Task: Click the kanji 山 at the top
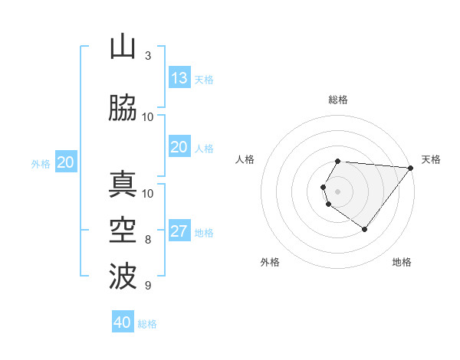123,47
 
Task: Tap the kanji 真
123,185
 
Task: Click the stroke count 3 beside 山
148,56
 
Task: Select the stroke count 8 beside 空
148,240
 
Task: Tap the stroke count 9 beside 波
148,286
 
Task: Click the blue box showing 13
179,78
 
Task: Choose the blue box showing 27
179,232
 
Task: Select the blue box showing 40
123,322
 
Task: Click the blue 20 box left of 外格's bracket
66,162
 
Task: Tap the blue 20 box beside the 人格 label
179,147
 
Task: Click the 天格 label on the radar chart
431,159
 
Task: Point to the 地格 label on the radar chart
402,263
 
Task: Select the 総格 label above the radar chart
337,100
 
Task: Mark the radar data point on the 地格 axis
364,229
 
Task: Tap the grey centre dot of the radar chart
337,191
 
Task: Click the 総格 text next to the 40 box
147,324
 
